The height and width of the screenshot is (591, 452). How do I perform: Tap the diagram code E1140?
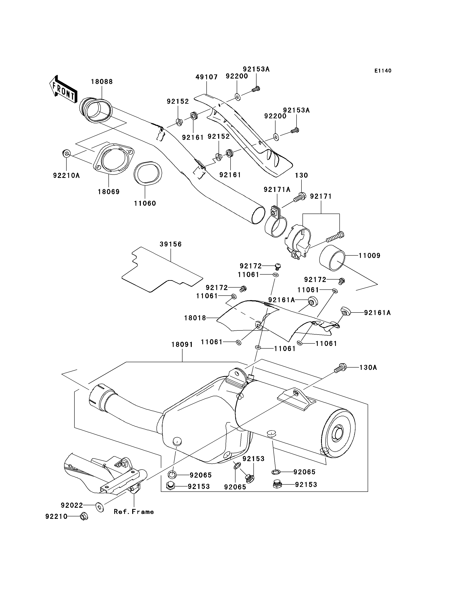click(x=383, y=71)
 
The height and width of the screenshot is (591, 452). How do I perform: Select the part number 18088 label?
click(x=102, y=81)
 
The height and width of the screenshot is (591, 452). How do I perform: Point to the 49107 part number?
click(x=206, y=77)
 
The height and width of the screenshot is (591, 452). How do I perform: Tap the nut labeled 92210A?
click(x=66, y=154)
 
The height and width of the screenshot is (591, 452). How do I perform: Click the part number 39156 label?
click(x=171, y=244)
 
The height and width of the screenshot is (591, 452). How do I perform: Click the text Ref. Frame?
click(x=134, y=512)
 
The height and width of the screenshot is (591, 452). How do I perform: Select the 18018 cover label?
click(x=195, y=318)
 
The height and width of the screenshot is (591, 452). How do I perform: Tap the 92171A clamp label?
click(x=277, y=190)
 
